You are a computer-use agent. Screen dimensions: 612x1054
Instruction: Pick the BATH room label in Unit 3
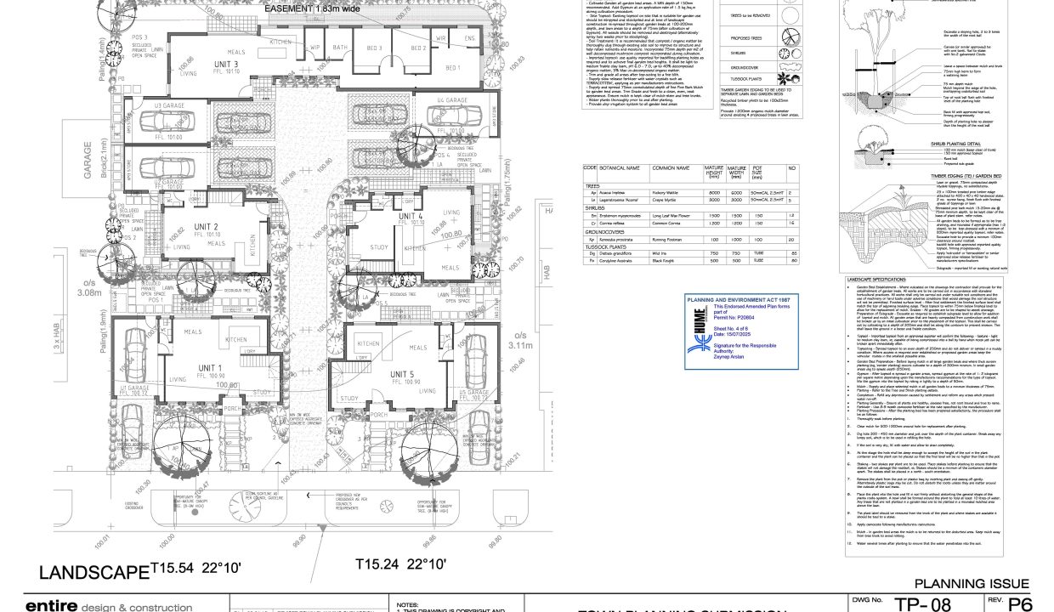[340, 48]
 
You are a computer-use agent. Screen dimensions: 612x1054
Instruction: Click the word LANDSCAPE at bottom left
[93, 571]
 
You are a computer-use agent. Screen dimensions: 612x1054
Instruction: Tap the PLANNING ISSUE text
[972, 583]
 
